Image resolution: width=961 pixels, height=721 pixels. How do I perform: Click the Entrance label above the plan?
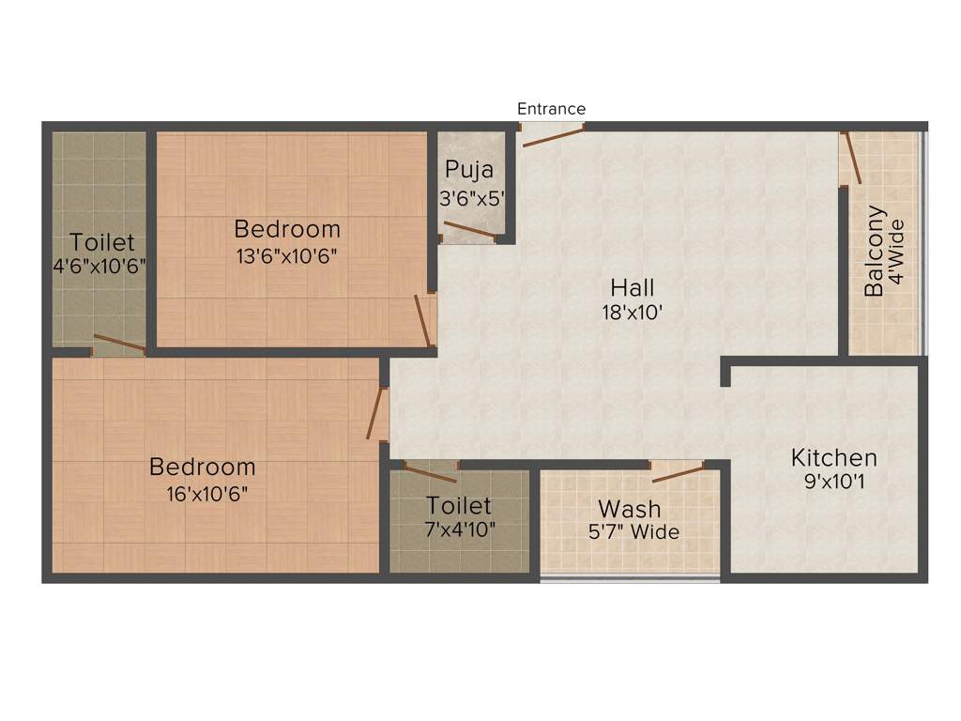click(x=551, y=109)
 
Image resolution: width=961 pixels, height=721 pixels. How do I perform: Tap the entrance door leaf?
click(x=553, y=137)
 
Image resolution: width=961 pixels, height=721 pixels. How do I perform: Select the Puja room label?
click(x=469, y=170)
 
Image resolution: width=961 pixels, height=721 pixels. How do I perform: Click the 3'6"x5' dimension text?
click(x=473, y=199)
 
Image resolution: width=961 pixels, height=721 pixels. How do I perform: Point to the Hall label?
click(x=633, y=287)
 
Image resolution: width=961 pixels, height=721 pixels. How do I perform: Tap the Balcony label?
click(x=874, y=252)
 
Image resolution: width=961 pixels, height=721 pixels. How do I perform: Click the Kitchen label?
click(x=834, y=458)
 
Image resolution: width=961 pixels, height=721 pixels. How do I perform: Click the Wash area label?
click(x=630, y=509)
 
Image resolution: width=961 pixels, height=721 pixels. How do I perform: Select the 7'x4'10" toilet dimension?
click(x=460, y=529)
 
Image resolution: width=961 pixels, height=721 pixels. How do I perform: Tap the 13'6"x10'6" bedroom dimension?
click(x=287, y=254)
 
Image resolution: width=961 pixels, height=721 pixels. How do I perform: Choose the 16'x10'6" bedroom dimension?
click(x=202, y=492)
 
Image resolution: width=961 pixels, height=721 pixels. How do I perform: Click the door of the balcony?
click(x=852, y=159)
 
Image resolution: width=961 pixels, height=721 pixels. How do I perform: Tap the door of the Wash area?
click(x=678, y=472)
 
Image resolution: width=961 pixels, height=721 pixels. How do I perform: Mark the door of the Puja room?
click(x=468, y=229)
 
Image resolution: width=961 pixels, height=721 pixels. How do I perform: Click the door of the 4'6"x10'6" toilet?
click(x=119, y=343)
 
